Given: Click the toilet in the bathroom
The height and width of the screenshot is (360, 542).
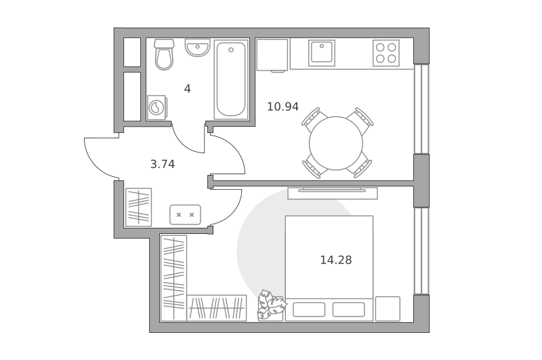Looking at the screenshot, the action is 164,54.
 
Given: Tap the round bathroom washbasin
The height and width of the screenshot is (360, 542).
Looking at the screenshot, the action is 197,47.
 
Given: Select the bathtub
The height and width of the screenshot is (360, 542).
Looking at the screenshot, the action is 231,79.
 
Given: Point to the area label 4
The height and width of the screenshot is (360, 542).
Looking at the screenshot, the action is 188,89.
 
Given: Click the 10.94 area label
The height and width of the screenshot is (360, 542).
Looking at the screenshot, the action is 283,106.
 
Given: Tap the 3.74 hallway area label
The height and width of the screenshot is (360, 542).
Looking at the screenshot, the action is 163,164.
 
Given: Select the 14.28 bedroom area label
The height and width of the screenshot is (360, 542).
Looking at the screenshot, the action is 336,260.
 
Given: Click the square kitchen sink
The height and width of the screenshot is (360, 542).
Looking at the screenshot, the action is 322,53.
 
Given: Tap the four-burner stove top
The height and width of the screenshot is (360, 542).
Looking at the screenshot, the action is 386,53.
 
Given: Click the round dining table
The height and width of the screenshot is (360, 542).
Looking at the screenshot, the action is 336,143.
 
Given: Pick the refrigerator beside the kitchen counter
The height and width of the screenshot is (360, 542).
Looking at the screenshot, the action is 272,56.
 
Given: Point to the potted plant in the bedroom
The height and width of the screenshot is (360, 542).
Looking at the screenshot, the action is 271,305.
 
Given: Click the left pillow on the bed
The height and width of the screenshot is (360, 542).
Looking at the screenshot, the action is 309,310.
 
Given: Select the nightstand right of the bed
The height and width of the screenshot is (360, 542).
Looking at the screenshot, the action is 388,308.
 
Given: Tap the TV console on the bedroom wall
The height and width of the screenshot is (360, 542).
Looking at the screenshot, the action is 333,193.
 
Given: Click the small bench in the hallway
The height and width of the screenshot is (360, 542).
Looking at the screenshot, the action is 185,215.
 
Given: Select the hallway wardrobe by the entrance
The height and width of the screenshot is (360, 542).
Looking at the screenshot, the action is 139,207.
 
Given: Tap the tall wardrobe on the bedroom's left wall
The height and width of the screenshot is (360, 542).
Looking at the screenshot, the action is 174,278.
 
